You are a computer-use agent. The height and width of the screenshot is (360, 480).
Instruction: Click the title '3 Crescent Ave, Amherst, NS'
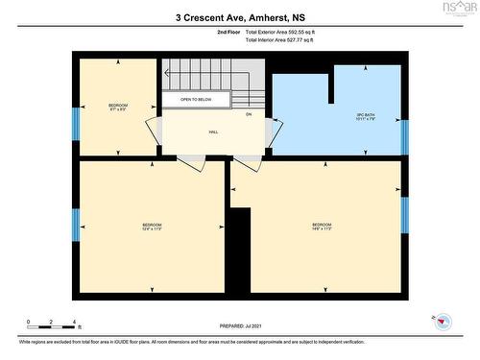pos(239,16)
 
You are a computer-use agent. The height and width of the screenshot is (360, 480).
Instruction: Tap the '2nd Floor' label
pos(229,33)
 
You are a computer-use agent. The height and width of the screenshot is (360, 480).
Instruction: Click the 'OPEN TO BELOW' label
pos(195,99)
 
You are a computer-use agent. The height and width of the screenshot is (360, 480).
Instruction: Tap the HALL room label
pos(212,132)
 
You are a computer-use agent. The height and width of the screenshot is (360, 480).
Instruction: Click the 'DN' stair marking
pos(248,114)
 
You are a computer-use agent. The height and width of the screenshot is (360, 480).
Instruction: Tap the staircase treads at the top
pos(211,75)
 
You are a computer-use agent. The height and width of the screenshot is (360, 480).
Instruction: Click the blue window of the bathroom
pos(404,137)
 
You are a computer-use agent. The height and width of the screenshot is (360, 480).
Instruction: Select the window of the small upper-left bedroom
pos(76,122)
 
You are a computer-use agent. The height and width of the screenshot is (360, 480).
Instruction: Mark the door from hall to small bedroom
pos(154,133)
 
